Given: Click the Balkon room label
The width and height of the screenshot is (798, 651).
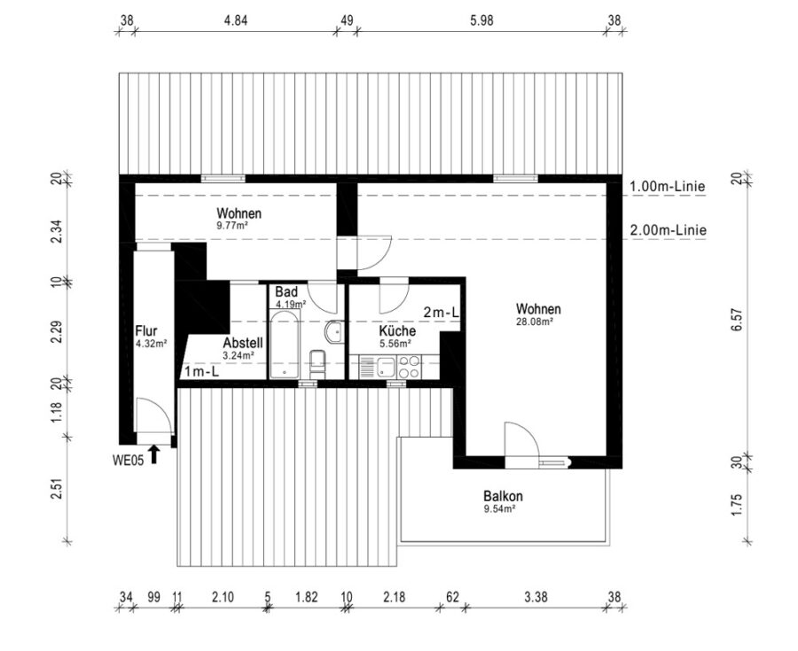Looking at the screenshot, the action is (503, 495).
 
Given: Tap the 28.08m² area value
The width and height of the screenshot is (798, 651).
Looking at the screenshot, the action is (535, 322).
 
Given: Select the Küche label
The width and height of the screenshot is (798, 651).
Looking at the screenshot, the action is (397, 331).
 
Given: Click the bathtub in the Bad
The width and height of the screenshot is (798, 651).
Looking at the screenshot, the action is (285, 345).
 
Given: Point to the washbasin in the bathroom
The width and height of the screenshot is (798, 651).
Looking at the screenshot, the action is (334, 332).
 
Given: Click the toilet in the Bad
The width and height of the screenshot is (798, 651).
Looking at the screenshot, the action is (317, 364).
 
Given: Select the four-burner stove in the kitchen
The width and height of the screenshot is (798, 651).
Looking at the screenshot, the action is (409, 367).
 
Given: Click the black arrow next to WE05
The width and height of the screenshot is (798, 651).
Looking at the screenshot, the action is (153, 454).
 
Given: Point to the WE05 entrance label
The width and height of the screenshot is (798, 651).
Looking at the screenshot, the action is (128, 460).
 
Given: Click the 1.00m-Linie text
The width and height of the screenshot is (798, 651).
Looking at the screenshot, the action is (668, 186).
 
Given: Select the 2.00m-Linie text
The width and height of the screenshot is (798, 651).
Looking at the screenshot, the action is (669, 230).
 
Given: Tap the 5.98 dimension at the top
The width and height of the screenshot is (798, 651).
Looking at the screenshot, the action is (481, 20).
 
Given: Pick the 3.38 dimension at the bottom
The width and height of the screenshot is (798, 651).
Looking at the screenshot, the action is (536, 597).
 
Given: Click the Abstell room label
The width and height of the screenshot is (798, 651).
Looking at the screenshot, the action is (243, 343).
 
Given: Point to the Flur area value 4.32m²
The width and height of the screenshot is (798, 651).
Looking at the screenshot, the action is (152, 344).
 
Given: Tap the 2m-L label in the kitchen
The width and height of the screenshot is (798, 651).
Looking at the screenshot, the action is (442, 312).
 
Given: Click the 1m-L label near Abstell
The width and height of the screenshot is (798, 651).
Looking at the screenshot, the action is (201, 371).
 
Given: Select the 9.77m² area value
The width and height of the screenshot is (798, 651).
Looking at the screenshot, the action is (232, 226).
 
